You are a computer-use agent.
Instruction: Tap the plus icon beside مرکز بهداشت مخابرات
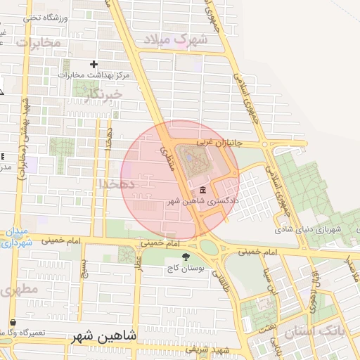[x=94, y=64]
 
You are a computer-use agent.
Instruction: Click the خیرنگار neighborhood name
[x=102, y=92]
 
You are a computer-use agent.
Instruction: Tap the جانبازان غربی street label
[x=219, y=143]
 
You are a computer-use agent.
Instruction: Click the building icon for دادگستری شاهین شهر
[x=202, y=191]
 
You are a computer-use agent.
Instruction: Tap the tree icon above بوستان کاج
[x=186, y=257]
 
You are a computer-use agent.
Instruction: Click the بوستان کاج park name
[x=185, y=269]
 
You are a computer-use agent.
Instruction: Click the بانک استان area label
[x=331, y=330]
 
